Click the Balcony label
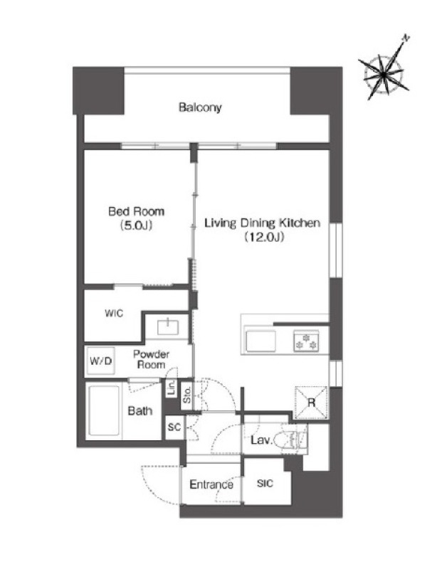pyautogui.click(x=200, y=107)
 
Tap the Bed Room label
pyautogui.click(x=137, y=211)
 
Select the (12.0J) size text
pyautogui.click(x=264, y=237)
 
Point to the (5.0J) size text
pyautogui.click(x=136, y=225)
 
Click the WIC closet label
pyautogui.click(x=114, y=313)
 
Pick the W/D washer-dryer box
pyautogui.click(x=100, y=361)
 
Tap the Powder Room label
pyautogui.click(x=151, y=359)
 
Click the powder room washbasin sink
pyautogui.click(x=168, y=327)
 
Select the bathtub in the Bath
pyautogui.click(x=104, y=410)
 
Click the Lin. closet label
pyautogui.click(x=172, y=387)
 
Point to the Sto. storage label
pyautogui.click(x=186, y=395)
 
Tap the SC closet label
pyautogui.click(x=174, y=427)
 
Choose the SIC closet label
pyautogui.click(x=265, y=484)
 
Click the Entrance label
pyautogui.click(x=211, y=484)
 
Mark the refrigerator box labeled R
pyautogui.click(x=311, y=403)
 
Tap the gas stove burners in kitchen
pyautogui.click(x=306, y=341)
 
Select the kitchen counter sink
pyautogui.click(x=260, y=341)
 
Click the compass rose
pyautogui.click(x=384, y=75)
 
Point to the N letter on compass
pyautogui.click(x=406, y=38)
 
